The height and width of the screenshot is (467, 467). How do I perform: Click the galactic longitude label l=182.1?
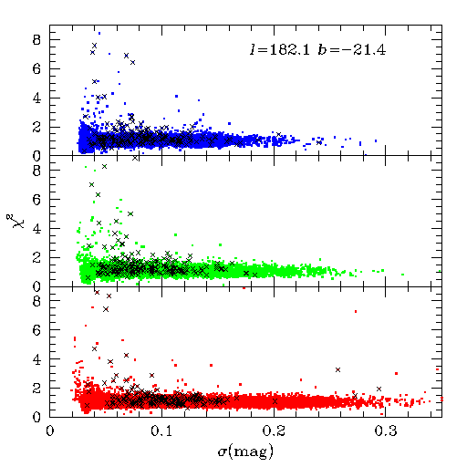[280, 49]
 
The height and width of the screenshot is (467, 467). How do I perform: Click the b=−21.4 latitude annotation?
[352, 49]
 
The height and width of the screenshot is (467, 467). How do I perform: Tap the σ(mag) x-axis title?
[245, 451]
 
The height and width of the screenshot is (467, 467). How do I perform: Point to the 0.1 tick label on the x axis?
[161, 431]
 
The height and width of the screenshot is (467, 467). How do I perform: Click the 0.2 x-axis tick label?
[274, 431]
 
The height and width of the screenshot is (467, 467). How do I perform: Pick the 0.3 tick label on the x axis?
[386, 431]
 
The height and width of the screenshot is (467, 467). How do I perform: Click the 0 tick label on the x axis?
[50, 431]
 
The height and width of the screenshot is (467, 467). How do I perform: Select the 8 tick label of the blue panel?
[36, 40]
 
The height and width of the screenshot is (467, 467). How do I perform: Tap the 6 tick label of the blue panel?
[36, 69]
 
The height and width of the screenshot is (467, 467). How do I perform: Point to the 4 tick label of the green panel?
[36, 229]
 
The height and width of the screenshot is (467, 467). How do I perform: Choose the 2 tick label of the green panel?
[36, 258]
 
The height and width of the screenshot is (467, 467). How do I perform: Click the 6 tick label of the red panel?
[36, 330]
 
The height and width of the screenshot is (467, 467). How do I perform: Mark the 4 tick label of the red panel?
[36, 359]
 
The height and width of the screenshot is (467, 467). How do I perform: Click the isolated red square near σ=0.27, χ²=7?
[356, 311]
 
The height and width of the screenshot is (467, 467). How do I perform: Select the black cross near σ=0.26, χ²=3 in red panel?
[337, 369]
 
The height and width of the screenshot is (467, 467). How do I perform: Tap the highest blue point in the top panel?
[99, 33]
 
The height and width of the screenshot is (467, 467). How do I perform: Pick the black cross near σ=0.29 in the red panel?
[379, 389]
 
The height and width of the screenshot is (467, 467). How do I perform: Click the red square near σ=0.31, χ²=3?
[396, 373]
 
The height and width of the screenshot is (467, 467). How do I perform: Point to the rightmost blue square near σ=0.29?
[376, 140]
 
